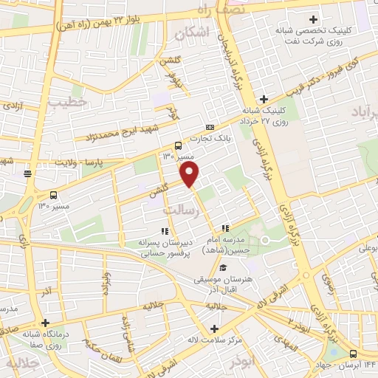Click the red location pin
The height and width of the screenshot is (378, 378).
[190, 174]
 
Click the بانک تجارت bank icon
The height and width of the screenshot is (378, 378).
[210, 128]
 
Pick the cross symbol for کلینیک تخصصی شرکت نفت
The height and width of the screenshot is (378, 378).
[313, 18]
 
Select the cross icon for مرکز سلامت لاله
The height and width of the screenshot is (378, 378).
[214, 329]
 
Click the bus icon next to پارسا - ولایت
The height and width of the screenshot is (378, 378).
[28, 173]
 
